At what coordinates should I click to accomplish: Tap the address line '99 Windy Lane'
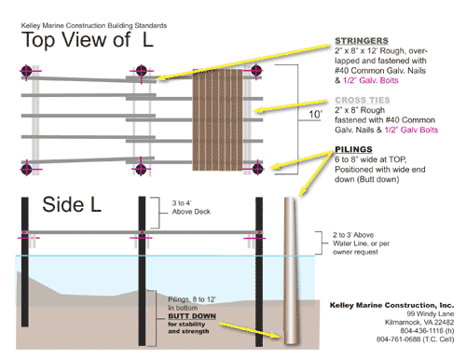(x=423, y=314)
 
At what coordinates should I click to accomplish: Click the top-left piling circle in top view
(x=27, y=72)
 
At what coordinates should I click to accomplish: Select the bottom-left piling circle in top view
(x=27, y=169)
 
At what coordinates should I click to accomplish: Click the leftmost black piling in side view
(x=27, y=270)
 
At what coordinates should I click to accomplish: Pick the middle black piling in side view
(x=143, y=270)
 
